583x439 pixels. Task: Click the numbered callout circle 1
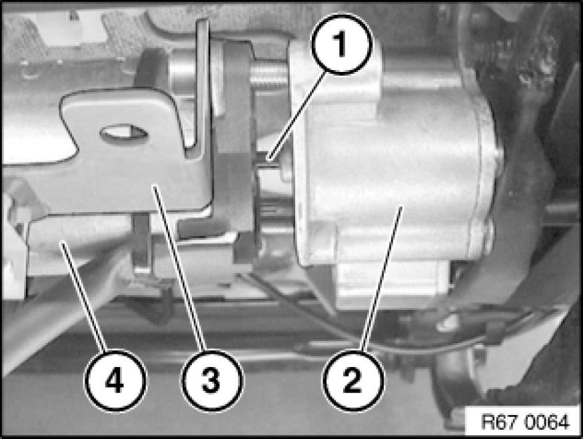tap(341, 44)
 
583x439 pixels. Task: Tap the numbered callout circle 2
tap(352, 380)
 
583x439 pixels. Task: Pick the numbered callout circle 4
tap(115, 380)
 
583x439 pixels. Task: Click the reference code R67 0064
tap(524, 422)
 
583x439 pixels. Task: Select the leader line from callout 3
tap(179, 268)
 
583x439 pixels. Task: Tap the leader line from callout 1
tap(297, 117)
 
